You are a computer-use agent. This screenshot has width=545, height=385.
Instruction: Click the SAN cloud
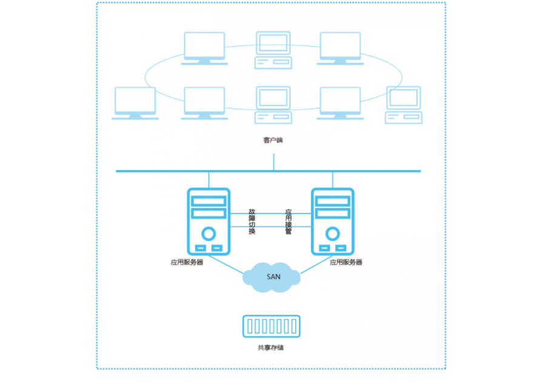[272, 276]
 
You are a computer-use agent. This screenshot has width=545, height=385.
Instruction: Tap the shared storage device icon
[271, 326]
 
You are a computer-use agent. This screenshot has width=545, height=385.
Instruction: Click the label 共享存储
[271, 348]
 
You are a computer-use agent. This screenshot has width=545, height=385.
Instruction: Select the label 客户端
[273, 141]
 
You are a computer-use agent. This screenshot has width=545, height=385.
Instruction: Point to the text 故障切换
[252, 223]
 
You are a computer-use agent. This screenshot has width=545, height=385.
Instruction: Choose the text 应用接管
[289, 223]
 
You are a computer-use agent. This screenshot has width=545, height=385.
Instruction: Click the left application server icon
[209, 221]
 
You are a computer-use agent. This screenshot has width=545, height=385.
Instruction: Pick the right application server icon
[332, 221]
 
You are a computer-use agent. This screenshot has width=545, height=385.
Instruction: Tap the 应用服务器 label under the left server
[187, 263]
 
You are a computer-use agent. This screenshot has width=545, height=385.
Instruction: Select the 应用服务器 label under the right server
[346, 263]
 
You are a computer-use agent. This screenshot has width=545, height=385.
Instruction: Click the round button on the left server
[209, 233]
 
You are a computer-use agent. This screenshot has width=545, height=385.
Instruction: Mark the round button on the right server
[332, 233]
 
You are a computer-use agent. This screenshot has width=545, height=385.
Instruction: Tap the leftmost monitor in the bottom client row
[135, 102]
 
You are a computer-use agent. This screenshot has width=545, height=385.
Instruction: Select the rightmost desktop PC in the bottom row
[404, 105]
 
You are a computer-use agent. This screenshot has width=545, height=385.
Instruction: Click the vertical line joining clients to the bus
[273, 162]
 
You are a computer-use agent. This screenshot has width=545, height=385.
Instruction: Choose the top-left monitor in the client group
[204, 47]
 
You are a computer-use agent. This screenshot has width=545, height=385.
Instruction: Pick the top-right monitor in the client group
[340, 47]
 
